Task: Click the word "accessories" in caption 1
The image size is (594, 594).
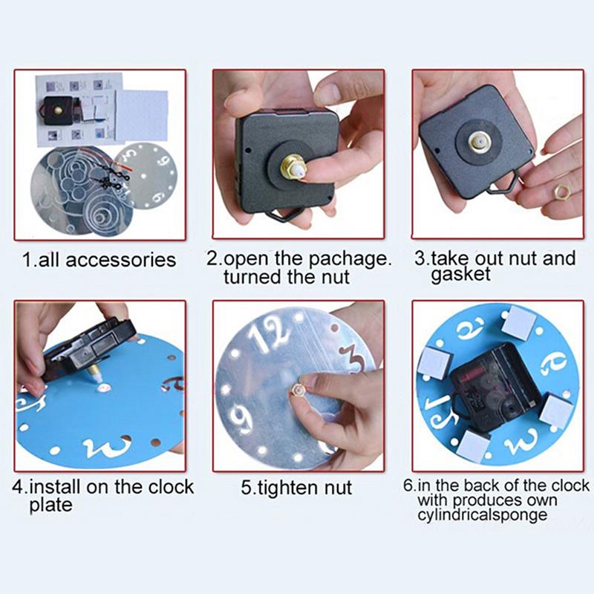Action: pos(121,261)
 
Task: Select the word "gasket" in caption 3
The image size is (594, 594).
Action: pos(460,275)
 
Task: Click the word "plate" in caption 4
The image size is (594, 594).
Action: pos(50,506)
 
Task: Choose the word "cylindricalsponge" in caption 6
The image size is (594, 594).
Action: pos(482,515)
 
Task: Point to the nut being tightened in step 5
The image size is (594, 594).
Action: pos(298,390)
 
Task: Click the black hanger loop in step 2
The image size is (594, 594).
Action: pos(282,216)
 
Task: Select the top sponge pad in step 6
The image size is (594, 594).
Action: pos(521,321)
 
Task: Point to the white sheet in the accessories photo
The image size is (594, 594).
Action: pos(143,116)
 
